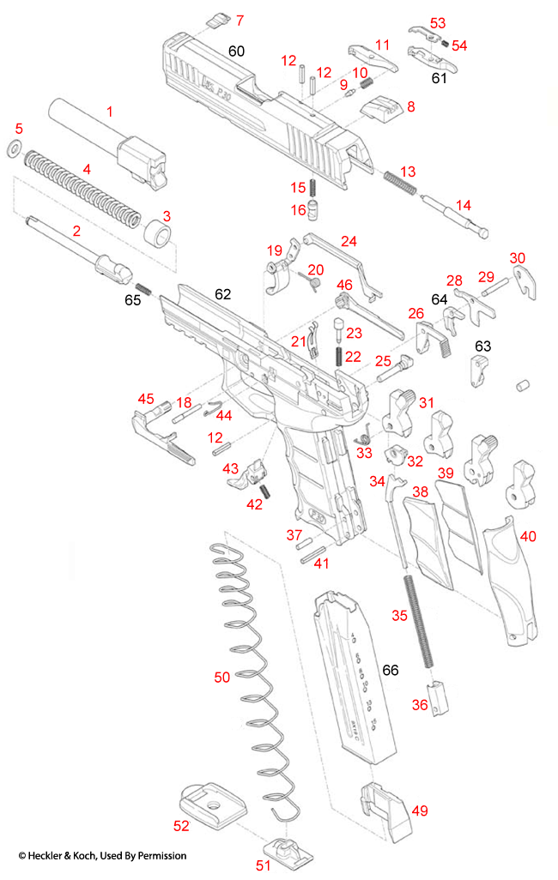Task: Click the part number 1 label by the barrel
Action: coord(109,112)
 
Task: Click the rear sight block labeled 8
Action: coord(381,110)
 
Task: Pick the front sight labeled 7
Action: coord(215,20)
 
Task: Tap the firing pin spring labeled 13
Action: coord(400,182)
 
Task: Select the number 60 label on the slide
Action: coord(236,51)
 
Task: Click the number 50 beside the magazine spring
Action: coord(221,677)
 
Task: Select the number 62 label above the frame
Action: coord(222,294)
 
